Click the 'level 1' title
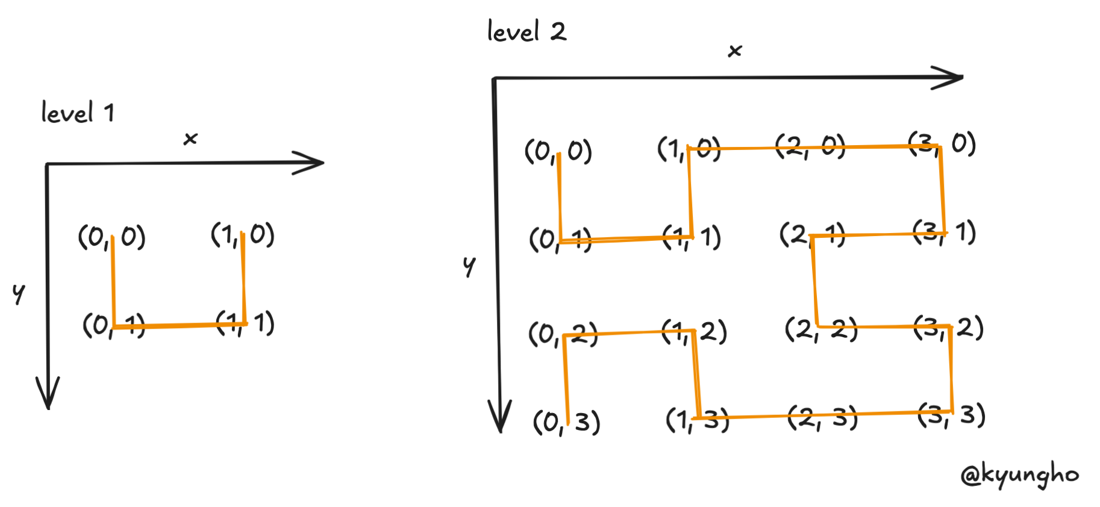[78, 113]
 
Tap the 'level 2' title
[527, 31]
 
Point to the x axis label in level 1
[190, 139]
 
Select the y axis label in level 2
[469, 266]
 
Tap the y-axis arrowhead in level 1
[48, 394]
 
